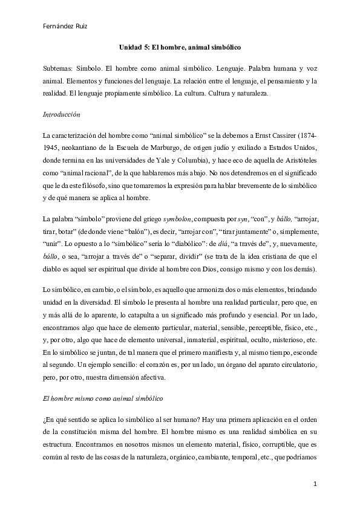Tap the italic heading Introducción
pos(62,114)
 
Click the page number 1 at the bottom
pos(315,485)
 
